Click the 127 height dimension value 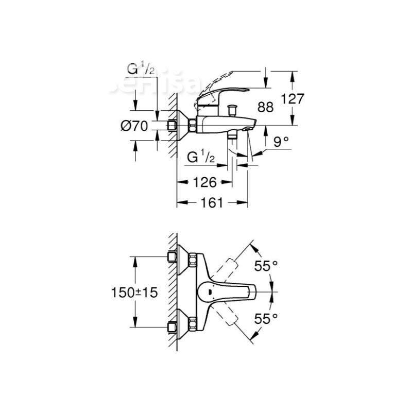tap(294, 98)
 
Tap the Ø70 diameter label tap(135, 125)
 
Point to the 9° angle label tap(281, 143)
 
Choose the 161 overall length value tap(212, 202)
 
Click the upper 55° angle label tap(266, 266)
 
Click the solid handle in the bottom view tap(227, 292)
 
